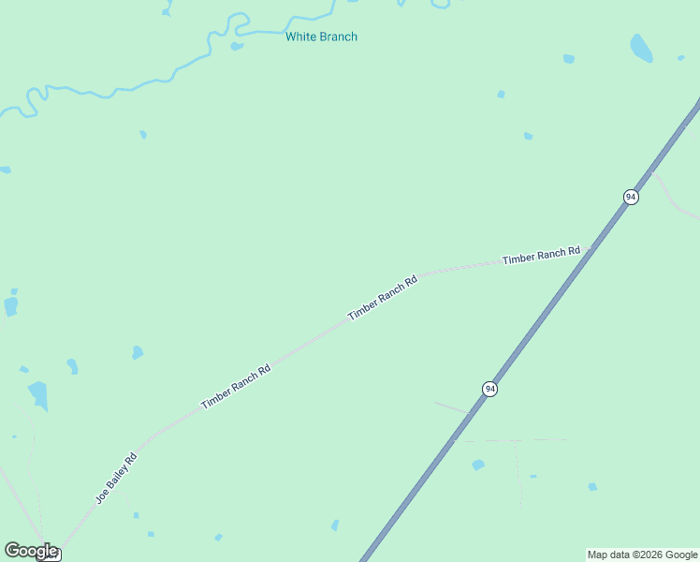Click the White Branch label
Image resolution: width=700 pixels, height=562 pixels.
tap(321, 37)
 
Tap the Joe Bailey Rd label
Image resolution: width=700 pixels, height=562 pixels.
tap(116, 478)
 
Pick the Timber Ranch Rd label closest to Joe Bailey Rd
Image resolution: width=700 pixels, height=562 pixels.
tap(236, 386)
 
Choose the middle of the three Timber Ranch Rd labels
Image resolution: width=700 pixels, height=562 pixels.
tap(382, 299)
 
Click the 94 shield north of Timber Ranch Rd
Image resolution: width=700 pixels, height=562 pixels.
tap(631, 197)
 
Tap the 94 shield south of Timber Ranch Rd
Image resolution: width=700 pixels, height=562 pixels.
tap(489, 389)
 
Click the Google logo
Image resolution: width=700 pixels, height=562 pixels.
tap(30, 550)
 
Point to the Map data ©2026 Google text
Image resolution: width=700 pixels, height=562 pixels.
tap(643, 555)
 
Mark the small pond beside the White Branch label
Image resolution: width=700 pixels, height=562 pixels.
tap(237, 45)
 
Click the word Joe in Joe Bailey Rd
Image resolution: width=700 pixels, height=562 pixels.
tap(102, 493)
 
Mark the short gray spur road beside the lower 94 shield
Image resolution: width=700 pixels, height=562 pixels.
tap(453, 407)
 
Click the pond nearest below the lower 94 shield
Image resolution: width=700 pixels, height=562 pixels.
tap(478, 465)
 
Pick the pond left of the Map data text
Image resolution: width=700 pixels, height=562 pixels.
tap(592, 487)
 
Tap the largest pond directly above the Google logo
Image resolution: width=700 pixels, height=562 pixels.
tap(38, 393)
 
